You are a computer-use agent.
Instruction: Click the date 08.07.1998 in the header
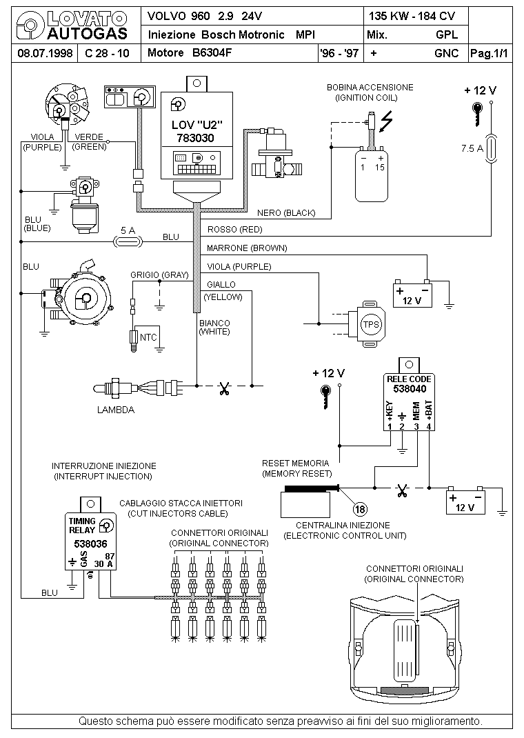point(45,52)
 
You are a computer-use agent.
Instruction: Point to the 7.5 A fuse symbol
point(491,149)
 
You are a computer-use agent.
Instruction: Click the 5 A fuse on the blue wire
point(128,242)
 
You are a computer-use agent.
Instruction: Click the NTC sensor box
point(148,337)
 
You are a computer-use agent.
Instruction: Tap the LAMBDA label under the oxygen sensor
point(116,410)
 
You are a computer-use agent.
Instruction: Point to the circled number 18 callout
point(360,509)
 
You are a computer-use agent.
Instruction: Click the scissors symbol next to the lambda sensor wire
point(224,389)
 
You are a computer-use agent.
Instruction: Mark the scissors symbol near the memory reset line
point(402,491)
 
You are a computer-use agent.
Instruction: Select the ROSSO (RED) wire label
point(234,230)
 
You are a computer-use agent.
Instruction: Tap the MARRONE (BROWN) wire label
point(246,248)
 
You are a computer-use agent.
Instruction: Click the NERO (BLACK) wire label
point(286,212)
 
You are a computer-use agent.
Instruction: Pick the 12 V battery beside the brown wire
point(412,294)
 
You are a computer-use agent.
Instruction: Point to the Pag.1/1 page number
point(490,53)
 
